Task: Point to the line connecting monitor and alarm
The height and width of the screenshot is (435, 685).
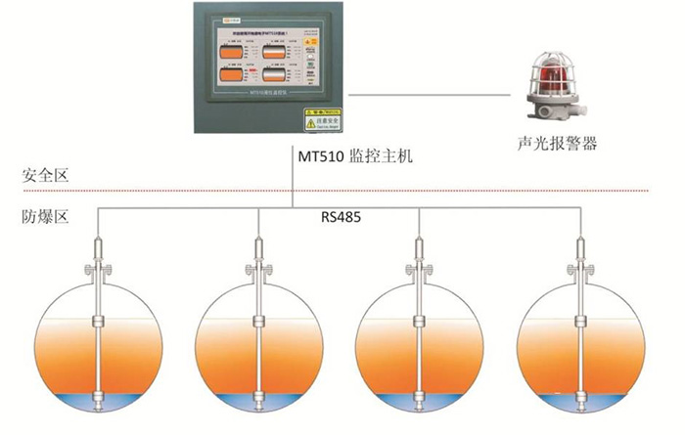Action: [431, 96]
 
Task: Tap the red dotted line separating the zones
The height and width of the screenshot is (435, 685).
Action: [342, 190]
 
